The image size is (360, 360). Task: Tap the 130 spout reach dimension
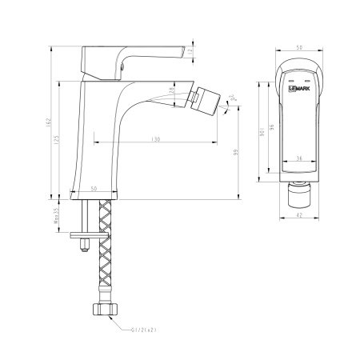(154, 139)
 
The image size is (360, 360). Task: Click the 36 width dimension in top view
(299, 158)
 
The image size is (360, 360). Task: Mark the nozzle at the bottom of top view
(299, 190)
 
